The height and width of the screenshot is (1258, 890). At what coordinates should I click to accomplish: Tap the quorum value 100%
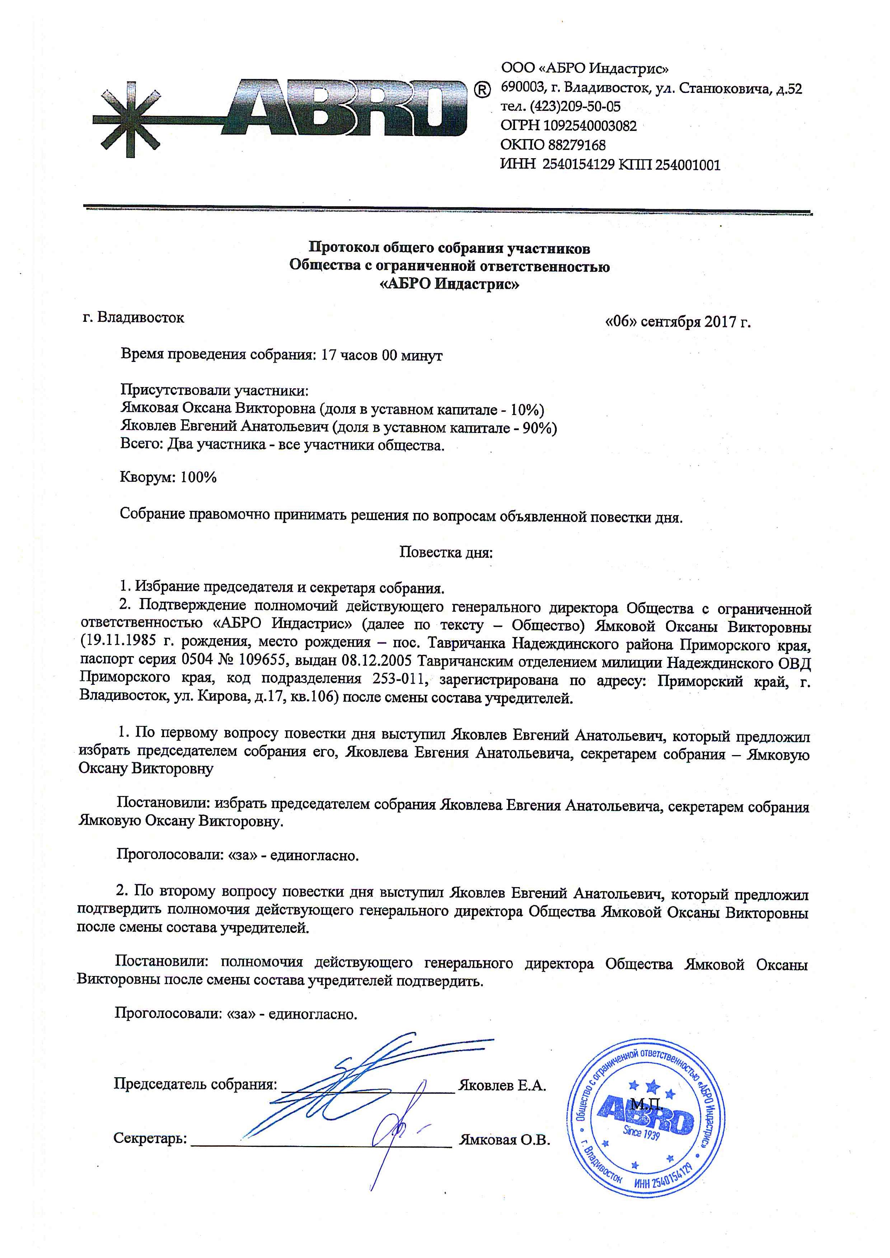198,477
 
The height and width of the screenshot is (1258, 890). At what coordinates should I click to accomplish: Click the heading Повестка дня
446,552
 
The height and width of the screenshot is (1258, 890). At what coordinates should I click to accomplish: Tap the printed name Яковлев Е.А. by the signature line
502,1085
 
